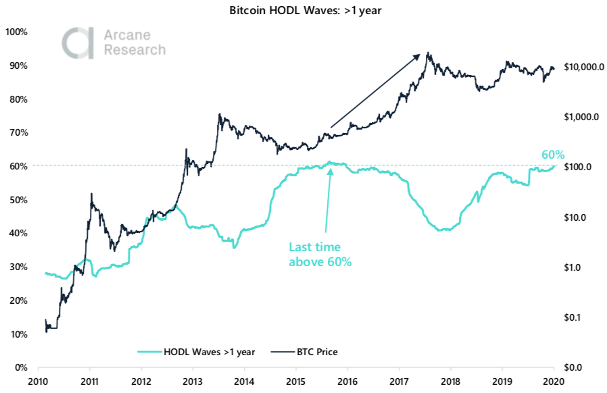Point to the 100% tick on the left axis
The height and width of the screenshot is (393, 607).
coord(16,32)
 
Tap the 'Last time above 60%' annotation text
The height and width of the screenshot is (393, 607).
coord(320,255)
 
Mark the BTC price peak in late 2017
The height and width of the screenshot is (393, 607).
coord(428,53)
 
